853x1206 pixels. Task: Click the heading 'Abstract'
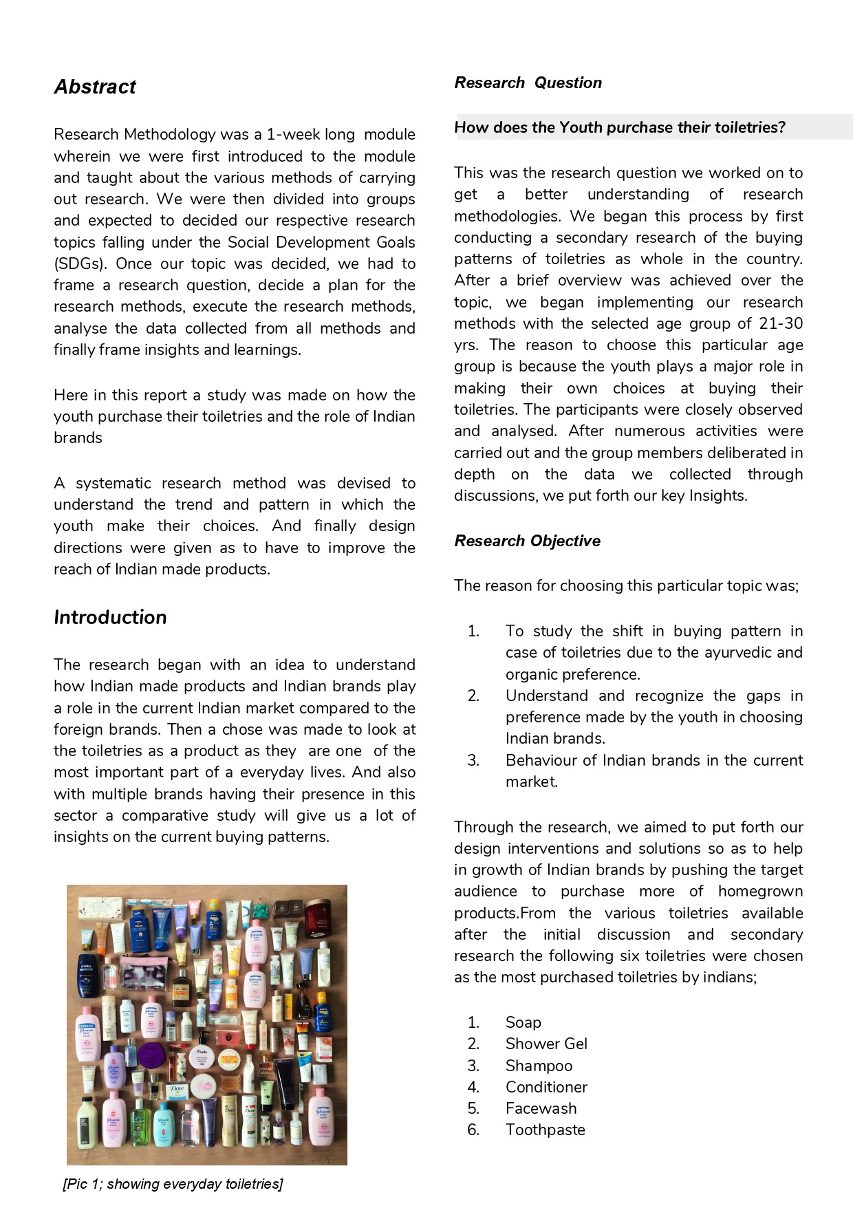[95, 87]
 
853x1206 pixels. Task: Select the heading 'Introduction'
[110, 617]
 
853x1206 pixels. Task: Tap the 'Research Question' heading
[528, 83]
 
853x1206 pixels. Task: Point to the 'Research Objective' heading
[527, 541]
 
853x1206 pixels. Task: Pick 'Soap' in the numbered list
[523, 1022]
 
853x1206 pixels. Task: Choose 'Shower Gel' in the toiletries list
[546, 1044]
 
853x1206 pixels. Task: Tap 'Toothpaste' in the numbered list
[545, 1130]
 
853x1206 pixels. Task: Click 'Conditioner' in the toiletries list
[546, 1087]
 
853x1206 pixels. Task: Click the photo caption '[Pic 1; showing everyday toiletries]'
[173, 1184]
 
